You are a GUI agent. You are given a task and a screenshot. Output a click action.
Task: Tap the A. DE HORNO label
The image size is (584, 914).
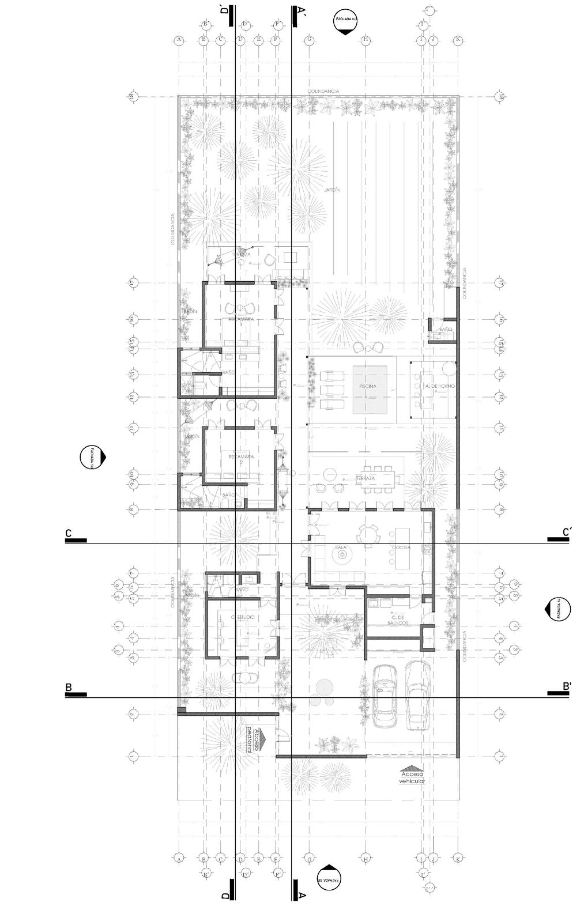[432, 386]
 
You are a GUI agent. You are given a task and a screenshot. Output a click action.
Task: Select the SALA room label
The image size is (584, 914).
[340, 546]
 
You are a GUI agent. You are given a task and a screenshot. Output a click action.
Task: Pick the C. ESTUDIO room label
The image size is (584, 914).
[243, 618]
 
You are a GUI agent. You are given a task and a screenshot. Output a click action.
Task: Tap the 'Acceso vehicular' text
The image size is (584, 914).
[412, 777]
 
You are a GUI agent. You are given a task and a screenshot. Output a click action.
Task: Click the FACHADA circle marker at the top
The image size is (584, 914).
[344, 24]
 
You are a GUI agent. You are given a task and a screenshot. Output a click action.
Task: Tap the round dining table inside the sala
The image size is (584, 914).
[367, 534]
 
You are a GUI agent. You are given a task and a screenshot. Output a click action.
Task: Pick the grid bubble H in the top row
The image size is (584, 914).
[366, 40]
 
